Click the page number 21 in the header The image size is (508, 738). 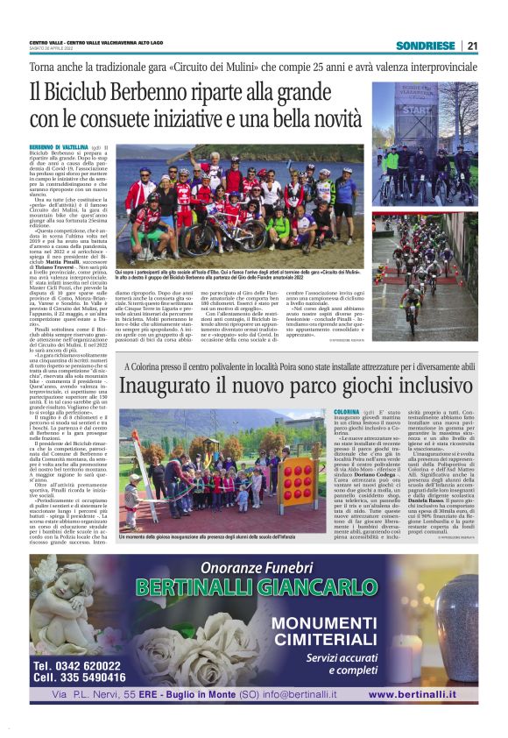[472, 46]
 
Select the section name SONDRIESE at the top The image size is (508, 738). [425, 46]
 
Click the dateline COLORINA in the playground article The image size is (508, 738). [347, 411]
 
